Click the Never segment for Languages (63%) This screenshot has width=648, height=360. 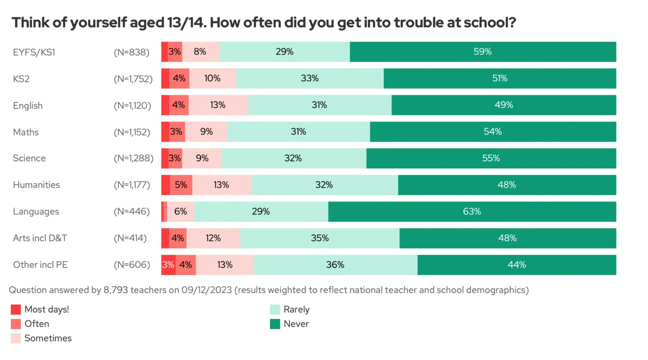coord(472,211)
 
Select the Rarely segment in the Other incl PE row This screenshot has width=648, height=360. coord(336,265)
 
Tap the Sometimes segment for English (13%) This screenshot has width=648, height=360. coord(218,105)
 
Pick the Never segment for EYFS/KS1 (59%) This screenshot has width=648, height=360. coord(483,52)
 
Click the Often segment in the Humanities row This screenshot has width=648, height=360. coord(181,185)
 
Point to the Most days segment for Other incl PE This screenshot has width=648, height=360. coord(168,265)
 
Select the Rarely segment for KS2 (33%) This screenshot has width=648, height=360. coord(310,78)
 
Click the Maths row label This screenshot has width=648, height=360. coord(26,132)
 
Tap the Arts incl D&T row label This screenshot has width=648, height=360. coord(40,238)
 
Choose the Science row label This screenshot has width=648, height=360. coord(29,158)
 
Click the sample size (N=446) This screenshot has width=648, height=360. coord(132,211)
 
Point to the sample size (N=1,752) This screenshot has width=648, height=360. coord(133,78)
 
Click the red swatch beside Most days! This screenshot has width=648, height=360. coord(16,309)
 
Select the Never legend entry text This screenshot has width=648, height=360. coord(296,324)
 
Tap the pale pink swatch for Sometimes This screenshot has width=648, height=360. coord(16,338)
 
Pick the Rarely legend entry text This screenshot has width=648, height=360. coord(297,309)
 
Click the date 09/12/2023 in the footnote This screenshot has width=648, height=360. coord(207,290)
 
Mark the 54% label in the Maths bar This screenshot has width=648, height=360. coord(493,132)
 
